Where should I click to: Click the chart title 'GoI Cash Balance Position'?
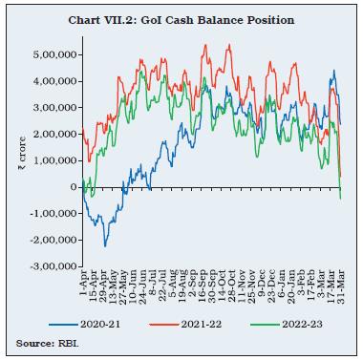tap(181, 20)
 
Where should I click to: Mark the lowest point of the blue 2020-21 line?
tap(105, 246)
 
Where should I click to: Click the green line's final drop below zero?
tap(341, 198)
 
